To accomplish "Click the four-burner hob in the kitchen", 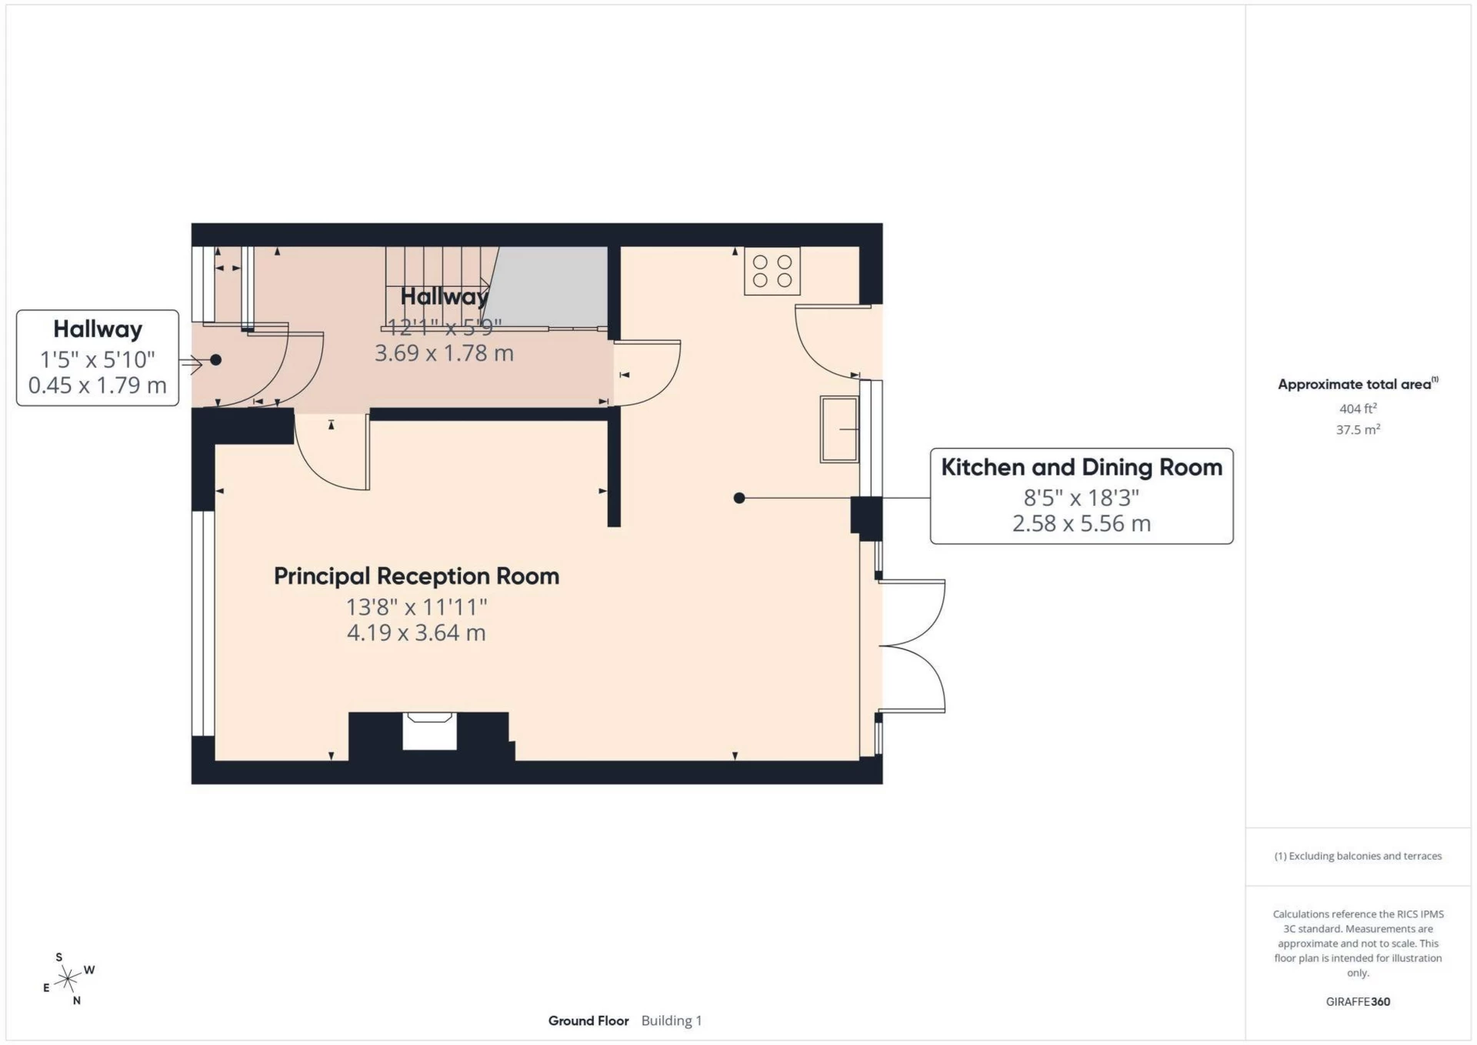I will pos(772,271).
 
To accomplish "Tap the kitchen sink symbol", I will pos(839,429).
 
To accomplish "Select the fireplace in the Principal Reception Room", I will pos(429,731).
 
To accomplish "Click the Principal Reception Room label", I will pos(416,576).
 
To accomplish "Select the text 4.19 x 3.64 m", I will pos(416,633).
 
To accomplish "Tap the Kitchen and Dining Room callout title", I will pos(1081,467).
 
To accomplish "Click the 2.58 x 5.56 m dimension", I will pos(1081,523).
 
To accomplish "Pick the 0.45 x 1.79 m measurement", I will pos(98,385).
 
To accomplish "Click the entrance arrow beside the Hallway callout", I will pos(191,362).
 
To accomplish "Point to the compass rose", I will pos(68,979).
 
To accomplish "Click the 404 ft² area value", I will pos(1357,409).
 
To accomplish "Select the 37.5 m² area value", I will pos(1357,429).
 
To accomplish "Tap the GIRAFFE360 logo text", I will pos(1357,1001).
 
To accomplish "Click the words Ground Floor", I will pos(588,1020).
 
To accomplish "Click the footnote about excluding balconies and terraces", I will pos(1357,856).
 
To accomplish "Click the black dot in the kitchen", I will pos(739,498).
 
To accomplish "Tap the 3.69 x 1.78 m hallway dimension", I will pos(444,353).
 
